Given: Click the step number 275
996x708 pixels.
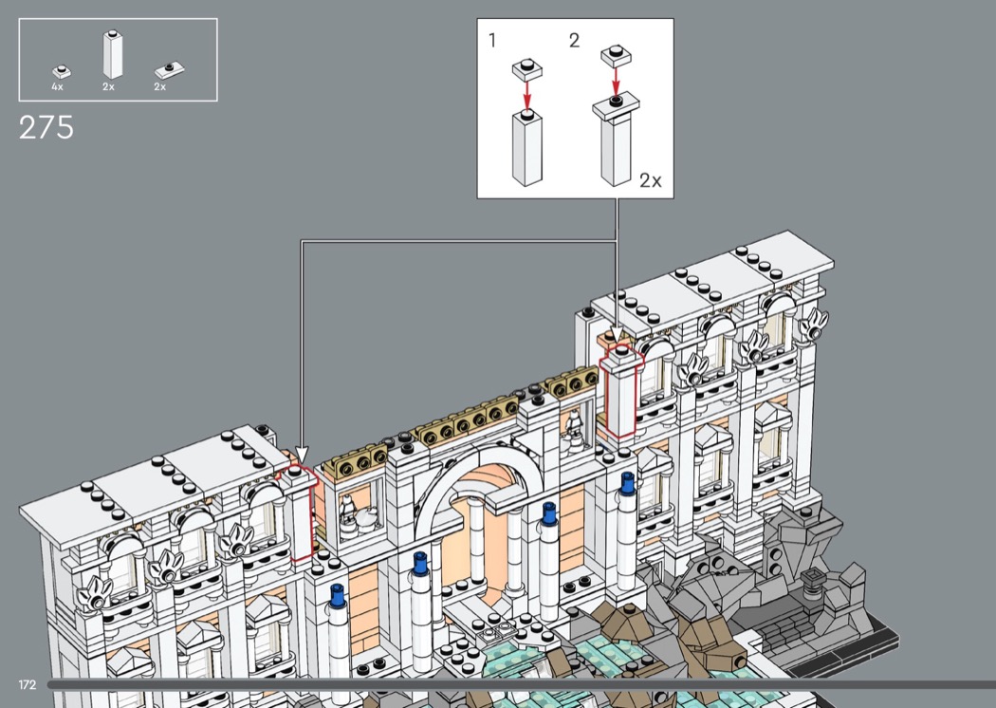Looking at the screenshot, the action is coord(46,128).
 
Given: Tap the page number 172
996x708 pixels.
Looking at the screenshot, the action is coord(28,684).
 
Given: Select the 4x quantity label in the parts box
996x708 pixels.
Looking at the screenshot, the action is coord(57,86).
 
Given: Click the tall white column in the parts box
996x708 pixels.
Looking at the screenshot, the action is coord(113,54).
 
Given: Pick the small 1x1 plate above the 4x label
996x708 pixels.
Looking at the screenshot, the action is coord(62,71).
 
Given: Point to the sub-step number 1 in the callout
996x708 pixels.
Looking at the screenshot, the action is coord(492,41).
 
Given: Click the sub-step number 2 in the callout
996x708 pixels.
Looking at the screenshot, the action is coord(574,41).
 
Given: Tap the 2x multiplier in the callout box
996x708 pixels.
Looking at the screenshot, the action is coord(651,180).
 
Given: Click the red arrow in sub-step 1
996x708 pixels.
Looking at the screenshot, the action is coord(526,95).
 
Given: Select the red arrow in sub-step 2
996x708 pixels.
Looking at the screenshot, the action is coord(615,81).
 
